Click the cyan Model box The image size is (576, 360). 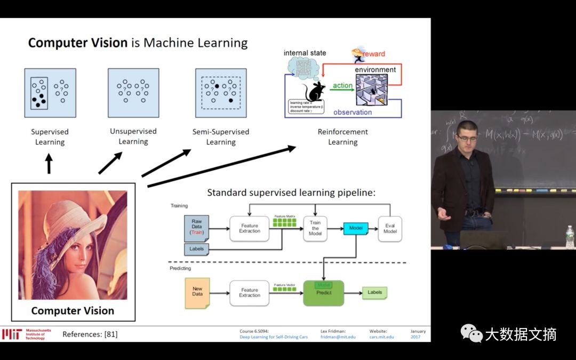click(356, 228)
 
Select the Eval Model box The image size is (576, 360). click(389, 229)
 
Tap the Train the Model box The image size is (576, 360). click(315, 229)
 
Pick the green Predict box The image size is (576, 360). click(324, 293)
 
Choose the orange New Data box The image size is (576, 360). click(197, 293)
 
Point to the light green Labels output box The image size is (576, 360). click(374, 292)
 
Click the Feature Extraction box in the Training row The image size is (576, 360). click(249, 228)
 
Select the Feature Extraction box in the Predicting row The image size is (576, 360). click(249, 292)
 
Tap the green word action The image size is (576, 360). click(342, 85)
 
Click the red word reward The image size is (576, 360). click(374, 54)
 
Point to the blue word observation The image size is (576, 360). click(353, 112)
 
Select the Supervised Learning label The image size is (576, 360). click(50, 137)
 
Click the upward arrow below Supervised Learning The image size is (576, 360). click(49, 164)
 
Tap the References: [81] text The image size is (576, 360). click(90, 334)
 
